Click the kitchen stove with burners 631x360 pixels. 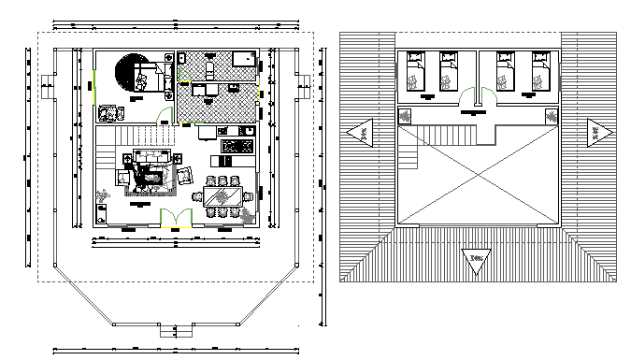click(x=237, y=145)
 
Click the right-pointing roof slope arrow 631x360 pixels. click(x=596, y=133)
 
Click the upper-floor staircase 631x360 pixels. click(x=456, y=136)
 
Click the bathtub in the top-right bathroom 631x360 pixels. click(x=244, y=58)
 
